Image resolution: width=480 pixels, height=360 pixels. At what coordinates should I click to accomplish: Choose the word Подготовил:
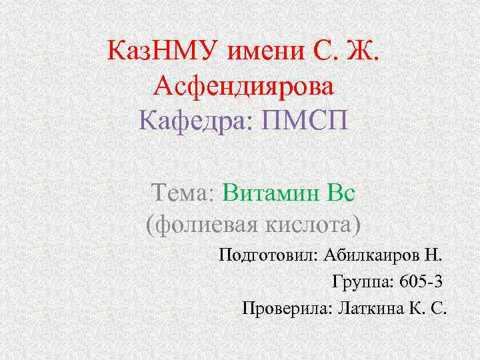pos(268,255)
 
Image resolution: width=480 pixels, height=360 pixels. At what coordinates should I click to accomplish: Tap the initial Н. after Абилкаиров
pos(433,255)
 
